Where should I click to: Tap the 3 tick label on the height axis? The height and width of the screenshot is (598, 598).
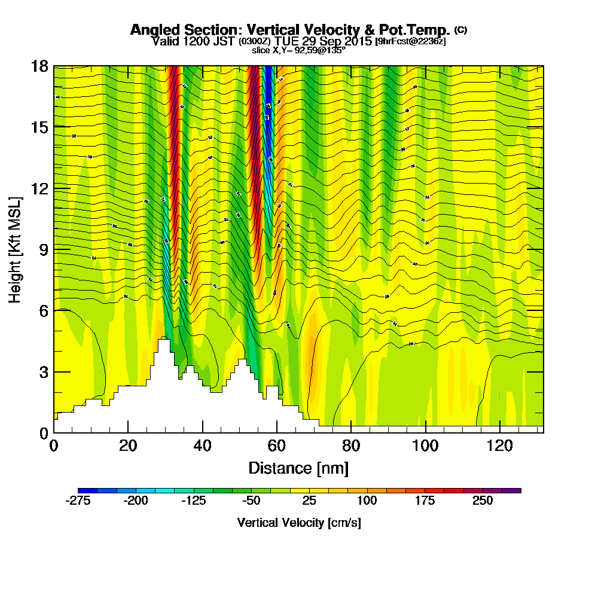tap(42, 371)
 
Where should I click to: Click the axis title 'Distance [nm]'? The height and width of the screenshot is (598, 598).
tap(298, 468)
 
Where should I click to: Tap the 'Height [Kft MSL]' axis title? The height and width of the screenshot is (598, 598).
tap(15, 249)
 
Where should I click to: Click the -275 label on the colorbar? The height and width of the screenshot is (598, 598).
tap(77, 501)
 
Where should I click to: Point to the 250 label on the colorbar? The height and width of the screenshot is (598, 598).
tap(483, 501)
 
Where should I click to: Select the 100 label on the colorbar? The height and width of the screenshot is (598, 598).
tap(367, 501)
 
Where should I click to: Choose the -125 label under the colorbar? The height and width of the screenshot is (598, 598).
tap(193, 501)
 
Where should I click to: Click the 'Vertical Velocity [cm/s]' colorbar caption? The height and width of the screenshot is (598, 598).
tap(298, 523)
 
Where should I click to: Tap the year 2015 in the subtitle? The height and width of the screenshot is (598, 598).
tap(355, 41)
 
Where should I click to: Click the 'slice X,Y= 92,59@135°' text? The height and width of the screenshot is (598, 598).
tap(298, 50)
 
